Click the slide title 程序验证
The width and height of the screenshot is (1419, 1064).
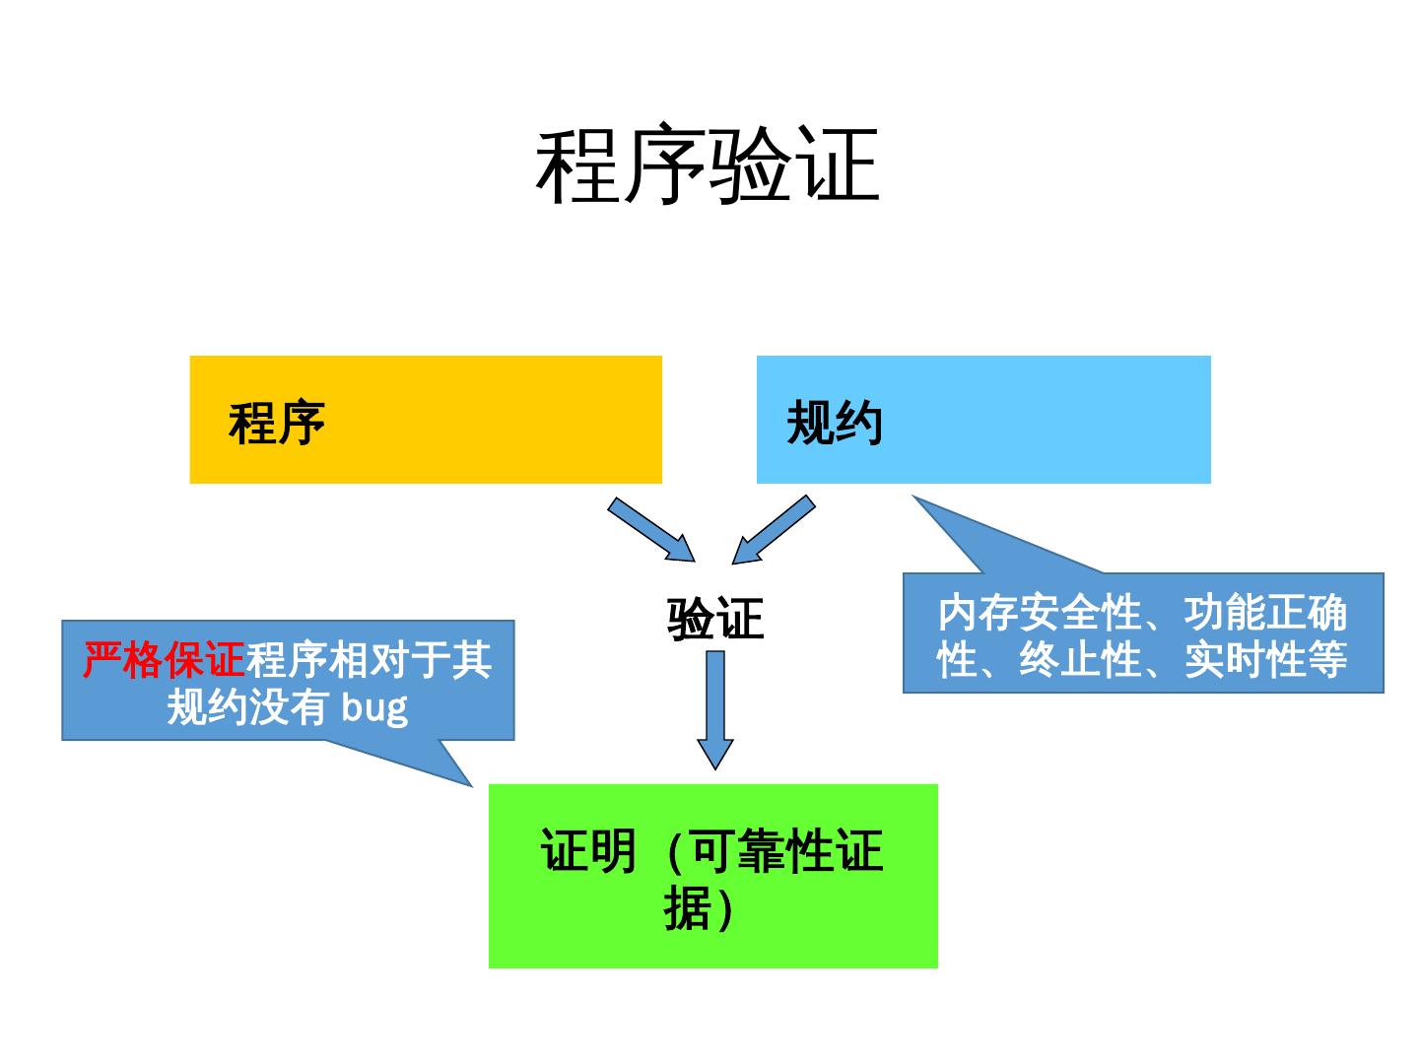coord(708,166)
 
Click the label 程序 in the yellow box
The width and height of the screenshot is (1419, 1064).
coord(277,423)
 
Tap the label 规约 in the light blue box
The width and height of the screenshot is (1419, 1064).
coord(834,423)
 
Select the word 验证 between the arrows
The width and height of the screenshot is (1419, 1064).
coord(715,619)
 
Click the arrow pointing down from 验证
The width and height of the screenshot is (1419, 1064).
coord(715,709)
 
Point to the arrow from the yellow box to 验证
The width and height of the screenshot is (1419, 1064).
coord(651,529)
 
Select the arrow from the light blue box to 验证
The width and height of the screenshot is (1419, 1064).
coord(775,529)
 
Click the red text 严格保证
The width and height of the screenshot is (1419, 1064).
coord(164,660)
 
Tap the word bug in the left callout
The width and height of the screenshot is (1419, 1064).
coord(374,707)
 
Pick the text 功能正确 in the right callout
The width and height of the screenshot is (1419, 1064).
coord(1265,613)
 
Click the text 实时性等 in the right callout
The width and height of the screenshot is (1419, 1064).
coord(1265,659)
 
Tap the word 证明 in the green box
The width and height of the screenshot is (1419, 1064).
coord(588,851)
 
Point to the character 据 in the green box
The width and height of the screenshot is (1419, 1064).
coord(687,908)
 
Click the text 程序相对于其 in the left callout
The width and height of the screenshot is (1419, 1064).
coord(369,660)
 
